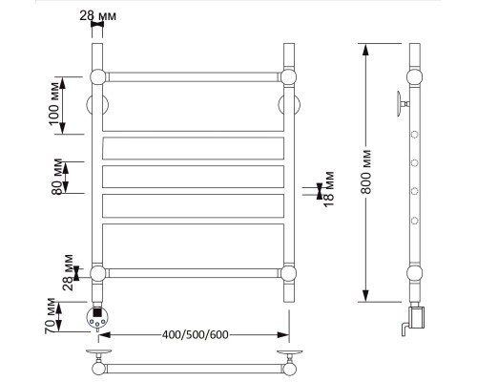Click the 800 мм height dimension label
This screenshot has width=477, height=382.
(x=366, y=172)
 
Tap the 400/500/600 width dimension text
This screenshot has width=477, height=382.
(x=195, y=335)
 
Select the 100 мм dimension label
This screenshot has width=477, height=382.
(x=54, y=104)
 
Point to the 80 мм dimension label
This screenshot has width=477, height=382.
(x=56, y=177)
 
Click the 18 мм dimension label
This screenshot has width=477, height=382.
(x=329, y=189)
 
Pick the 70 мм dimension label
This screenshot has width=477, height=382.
(x=50, y=316)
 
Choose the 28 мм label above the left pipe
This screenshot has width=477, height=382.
(x=97, y=15)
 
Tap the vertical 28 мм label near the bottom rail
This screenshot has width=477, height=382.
(x=68, y=272)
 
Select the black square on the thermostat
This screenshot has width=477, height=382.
(x=97, y=311)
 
